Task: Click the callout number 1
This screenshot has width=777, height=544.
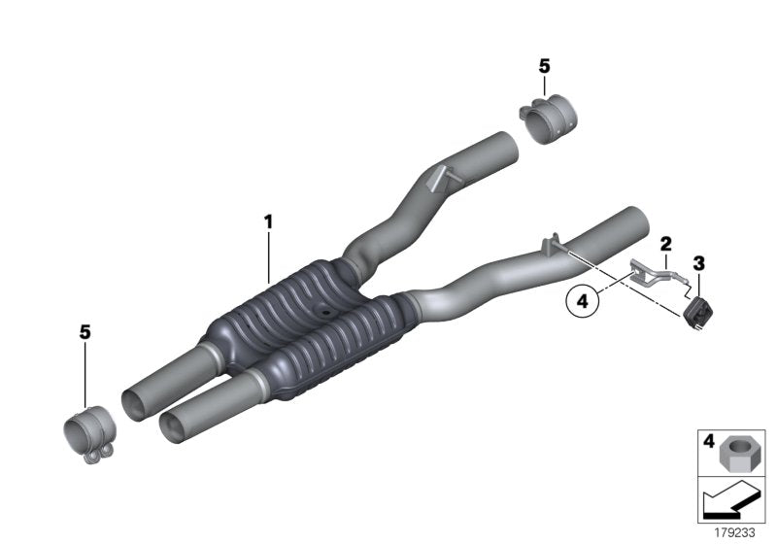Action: click(268, 222)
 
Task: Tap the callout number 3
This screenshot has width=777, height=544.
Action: click(698, 262)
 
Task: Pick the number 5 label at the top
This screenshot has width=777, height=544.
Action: click(544, 66)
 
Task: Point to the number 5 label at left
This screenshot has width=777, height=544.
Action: click(84, 332)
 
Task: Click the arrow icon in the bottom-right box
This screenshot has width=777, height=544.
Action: click(727, 502)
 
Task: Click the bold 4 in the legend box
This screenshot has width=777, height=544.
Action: click(708, 441)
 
